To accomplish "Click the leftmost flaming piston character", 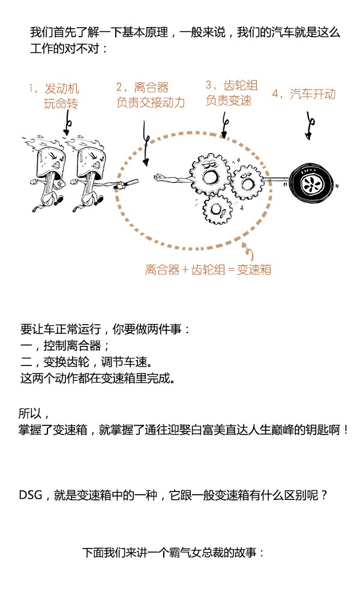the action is pyautogui.click(x=48, y=174).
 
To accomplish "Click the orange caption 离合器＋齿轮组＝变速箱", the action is pyautogui.click(x=208, y=269).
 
